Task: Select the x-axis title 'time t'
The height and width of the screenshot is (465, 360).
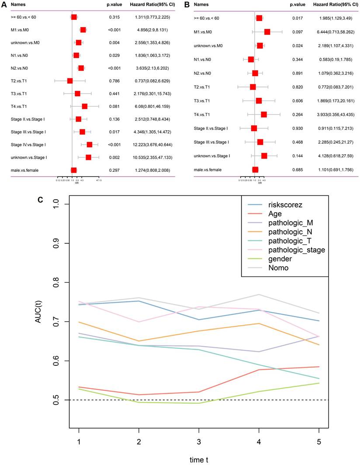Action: pyautogui.click(x=199, y=458)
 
